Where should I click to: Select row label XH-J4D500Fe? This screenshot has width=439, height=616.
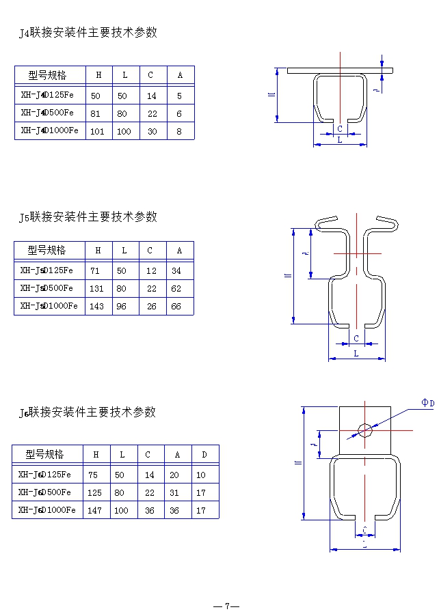tap(47, 113)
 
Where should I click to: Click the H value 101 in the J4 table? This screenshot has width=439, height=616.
tap(97, 132)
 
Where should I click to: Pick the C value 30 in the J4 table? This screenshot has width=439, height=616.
tap(152, 132)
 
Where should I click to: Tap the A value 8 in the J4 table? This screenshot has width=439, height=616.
tap(179, 132)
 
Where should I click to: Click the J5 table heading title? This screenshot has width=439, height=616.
tap(88, 217)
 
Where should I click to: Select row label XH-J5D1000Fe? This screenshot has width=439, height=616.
tap(49, 306)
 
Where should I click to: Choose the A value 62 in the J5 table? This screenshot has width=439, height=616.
tap(176, 289)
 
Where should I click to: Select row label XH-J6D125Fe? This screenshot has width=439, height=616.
tap(44, 474)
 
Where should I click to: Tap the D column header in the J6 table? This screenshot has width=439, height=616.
tap(204, 455)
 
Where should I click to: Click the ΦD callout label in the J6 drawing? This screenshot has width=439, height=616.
tap(427, 404)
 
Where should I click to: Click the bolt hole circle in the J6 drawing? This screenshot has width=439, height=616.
tap(365, 430)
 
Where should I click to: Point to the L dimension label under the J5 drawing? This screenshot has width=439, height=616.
tap(356, 353)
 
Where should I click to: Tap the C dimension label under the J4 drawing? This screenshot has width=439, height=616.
tap(340, 128)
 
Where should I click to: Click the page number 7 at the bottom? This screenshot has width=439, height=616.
tap(226, 606)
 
